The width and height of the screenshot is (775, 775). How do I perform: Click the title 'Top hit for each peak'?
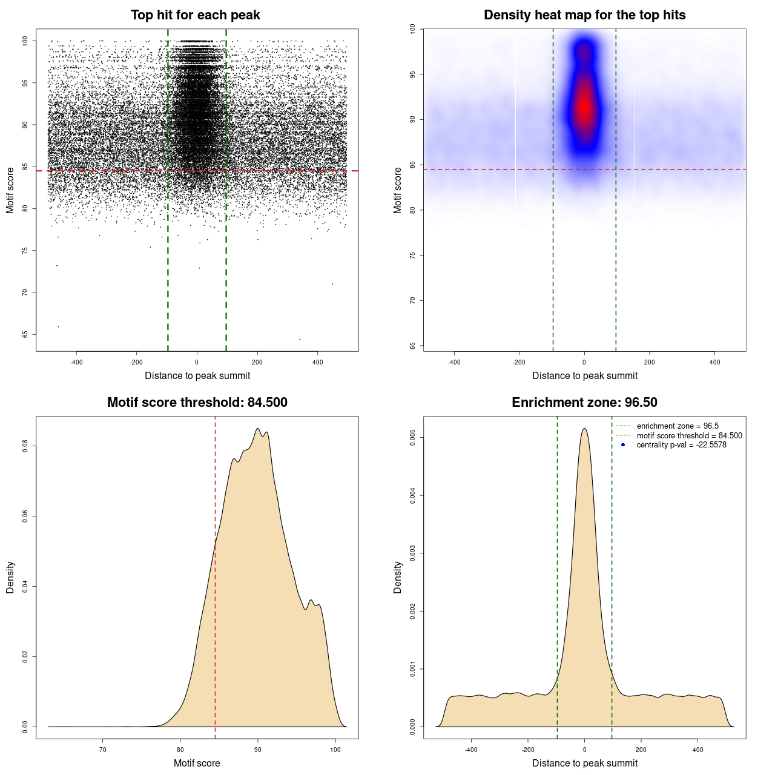[195, 15]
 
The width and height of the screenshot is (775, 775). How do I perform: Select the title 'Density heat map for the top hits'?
[584, 15]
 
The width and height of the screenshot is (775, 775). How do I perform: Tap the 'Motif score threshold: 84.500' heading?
[197, 403]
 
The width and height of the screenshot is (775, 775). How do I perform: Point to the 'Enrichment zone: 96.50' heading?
[584, 403]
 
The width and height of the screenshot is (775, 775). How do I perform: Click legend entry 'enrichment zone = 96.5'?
[678, 426]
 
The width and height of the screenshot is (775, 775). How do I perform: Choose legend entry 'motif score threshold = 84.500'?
[689, 435]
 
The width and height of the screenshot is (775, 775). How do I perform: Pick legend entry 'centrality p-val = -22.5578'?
[681, 445]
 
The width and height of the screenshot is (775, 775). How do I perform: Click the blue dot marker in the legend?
[623, 445]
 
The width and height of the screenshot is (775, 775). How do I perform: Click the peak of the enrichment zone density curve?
[584, 429]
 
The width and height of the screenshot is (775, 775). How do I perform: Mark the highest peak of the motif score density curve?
[257, 429]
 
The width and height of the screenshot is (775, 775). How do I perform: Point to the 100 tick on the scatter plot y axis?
[25, 41]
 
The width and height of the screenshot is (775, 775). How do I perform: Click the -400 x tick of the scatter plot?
[76, 362]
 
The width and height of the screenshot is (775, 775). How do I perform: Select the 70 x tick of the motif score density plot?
[103, 750]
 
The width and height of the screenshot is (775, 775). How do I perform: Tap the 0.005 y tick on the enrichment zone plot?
[412, 438]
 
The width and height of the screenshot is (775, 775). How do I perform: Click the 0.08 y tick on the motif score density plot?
[25, 446]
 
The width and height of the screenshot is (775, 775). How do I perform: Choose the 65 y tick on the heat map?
[412, 346]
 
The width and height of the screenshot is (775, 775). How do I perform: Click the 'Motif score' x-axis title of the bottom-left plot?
[197, 763]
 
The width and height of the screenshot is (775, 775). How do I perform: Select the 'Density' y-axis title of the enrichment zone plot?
[398, 577]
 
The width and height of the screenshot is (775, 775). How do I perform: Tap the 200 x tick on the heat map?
[649, 362]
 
